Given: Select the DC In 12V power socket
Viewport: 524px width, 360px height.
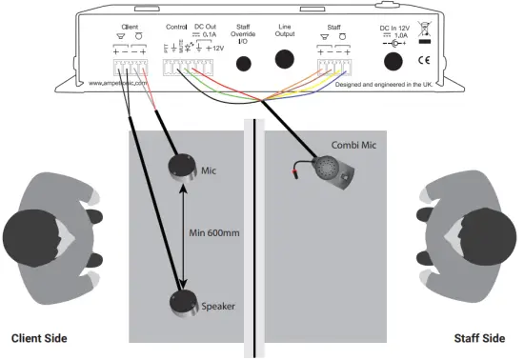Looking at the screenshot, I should [x=393, y=62].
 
